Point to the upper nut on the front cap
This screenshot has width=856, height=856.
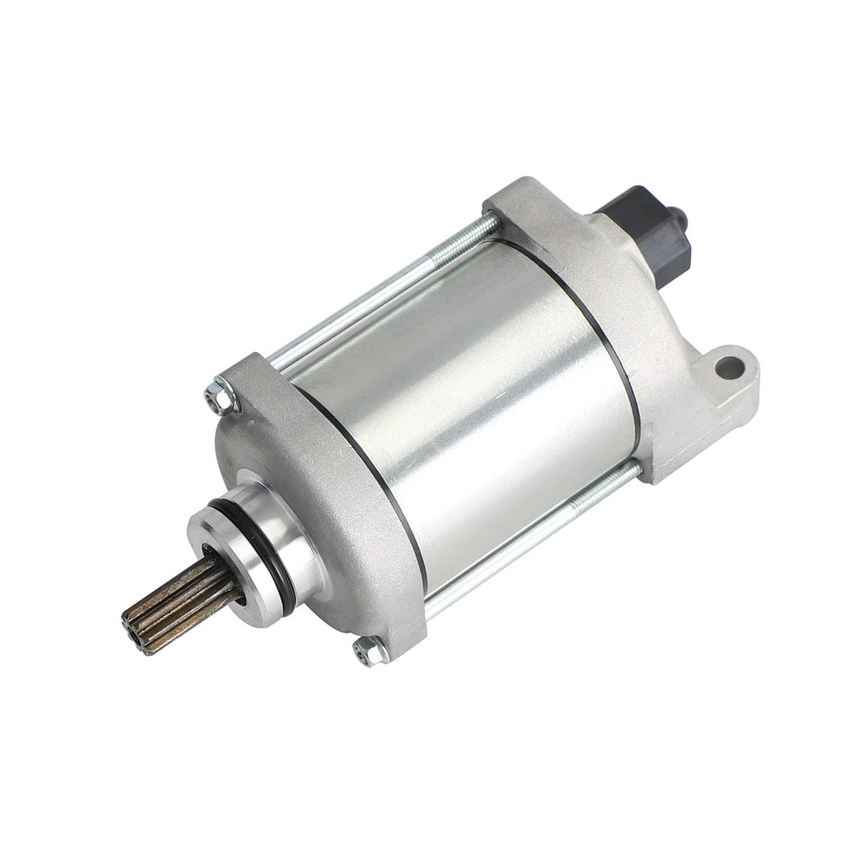[x=218, y=396]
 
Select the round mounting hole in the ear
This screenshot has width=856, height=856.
[x=731, y=368]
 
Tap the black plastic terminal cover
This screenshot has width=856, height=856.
[x=644, y=230]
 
